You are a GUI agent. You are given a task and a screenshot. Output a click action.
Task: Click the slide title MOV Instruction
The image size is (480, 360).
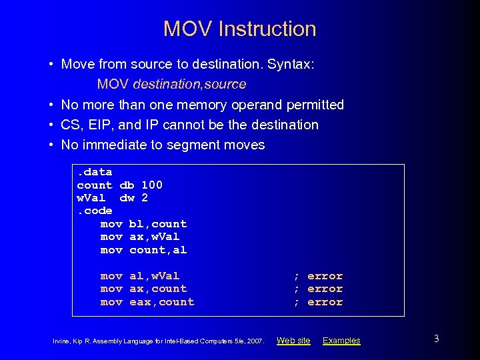239,29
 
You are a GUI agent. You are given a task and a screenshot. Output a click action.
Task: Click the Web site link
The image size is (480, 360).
293,341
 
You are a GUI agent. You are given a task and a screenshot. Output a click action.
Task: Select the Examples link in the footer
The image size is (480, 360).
341,341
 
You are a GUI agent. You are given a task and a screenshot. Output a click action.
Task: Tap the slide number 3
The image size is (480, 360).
436,339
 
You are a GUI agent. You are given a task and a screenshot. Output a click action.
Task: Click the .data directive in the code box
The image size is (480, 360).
94,172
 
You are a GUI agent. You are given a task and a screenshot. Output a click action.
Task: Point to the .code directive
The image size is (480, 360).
94,211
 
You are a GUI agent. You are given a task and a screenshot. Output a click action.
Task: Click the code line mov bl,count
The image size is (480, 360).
143,224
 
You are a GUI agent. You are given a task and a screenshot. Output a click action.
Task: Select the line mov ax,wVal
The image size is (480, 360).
140,237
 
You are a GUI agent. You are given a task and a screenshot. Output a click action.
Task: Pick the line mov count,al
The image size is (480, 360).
143,250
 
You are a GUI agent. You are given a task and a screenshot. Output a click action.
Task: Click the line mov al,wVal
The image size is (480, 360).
140,276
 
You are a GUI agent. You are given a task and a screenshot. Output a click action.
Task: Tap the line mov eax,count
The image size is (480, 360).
147,302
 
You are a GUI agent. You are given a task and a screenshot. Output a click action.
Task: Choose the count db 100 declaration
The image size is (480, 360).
119,185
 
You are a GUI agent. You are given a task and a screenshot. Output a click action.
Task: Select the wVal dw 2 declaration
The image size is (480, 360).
112,198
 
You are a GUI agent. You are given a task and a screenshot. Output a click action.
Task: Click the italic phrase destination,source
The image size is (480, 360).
189,85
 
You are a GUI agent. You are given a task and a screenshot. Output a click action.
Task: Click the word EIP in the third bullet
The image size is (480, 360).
94,125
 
